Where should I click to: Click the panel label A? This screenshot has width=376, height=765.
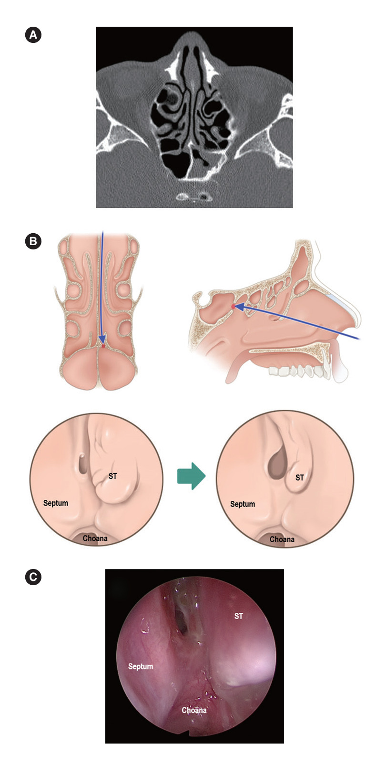click(33, 35)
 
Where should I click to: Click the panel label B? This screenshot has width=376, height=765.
click(33, 241)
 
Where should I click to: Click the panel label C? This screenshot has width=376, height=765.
click(33, 577)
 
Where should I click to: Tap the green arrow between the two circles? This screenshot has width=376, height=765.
click(191, 476)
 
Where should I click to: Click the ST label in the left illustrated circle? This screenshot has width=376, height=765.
click(112, 476)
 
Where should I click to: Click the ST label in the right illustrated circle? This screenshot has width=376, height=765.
click(299, 477)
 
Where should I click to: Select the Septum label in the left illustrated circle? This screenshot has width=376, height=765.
click(56, 503)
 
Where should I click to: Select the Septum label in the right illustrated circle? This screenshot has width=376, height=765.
click(243, 504)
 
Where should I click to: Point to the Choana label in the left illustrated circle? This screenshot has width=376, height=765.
click(95, 538)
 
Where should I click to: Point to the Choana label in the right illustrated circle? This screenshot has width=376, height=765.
click(282, 539)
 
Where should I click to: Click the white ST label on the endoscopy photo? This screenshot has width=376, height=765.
click(239, 616)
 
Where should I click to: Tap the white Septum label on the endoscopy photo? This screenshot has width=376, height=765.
click(141, 666)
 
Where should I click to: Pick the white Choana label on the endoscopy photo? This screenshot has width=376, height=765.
click(194, 710)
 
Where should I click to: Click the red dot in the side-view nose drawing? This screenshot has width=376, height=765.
click(233, 306)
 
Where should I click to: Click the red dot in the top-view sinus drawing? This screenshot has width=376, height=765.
click(103, 346)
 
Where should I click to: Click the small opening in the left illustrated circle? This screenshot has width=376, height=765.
click(82, 464)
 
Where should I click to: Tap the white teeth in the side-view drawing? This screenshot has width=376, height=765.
click(295, 371)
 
